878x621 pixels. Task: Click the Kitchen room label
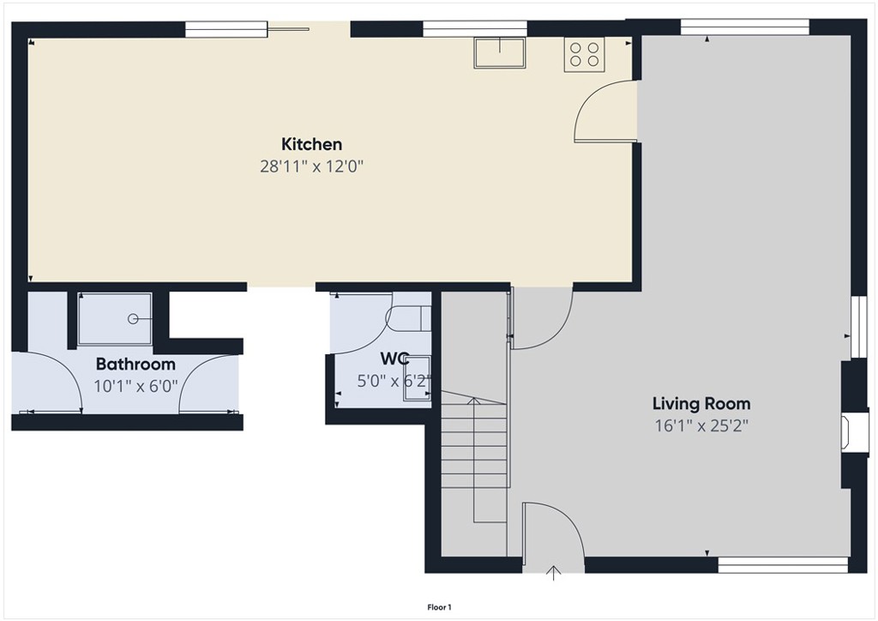coord(312,144)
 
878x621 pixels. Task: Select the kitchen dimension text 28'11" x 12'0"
coord(312,166)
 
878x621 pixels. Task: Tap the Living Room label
coord(701,403)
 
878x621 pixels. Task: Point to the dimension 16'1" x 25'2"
coord(701,425)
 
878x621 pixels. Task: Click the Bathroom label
coord(135,364)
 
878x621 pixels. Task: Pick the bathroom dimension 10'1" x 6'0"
coord(135,386)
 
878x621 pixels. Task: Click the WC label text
coord(394,359)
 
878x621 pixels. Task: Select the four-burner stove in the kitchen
coord(584,54)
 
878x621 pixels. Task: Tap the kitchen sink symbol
coord(499,53)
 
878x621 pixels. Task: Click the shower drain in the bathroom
coord(133,319)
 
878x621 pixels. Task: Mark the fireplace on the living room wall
coord(845,431)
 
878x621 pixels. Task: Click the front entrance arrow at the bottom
coord(554,573)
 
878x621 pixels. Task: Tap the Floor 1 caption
coord(439,607)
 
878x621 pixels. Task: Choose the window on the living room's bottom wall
coord(782,564)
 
